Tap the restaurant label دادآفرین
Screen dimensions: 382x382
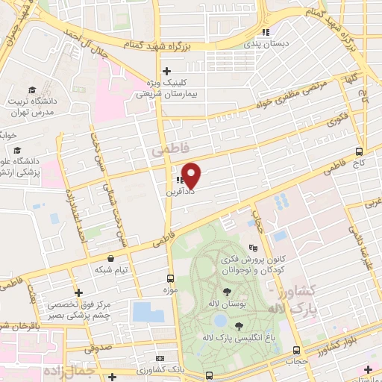[179, 192]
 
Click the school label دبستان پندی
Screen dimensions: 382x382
[266, 44]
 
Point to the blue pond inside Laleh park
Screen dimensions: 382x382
[219, 320]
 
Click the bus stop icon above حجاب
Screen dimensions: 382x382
[297, 350]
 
